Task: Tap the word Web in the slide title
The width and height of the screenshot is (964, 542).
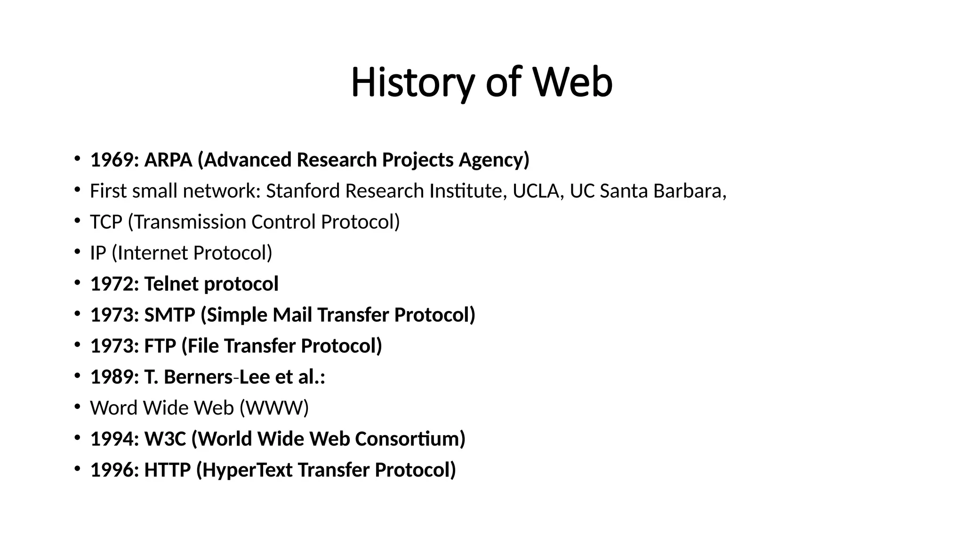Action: (572, 83)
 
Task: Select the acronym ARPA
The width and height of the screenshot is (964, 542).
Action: (168, 160)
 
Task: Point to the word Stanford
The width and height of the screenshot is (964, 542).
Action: (303, 191)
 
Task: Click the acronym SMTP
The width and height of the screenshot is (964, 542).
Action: (169, 315)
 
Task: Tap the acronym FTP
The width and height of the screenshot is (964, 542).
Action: (160, 346)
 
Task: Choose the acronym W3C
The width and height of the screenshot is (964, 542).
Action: (165, 439)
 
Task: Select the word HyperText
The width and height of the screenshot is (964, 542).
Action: (248, 470)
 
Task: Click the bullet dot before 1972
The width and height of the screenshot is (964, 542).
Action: (77, 282)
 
